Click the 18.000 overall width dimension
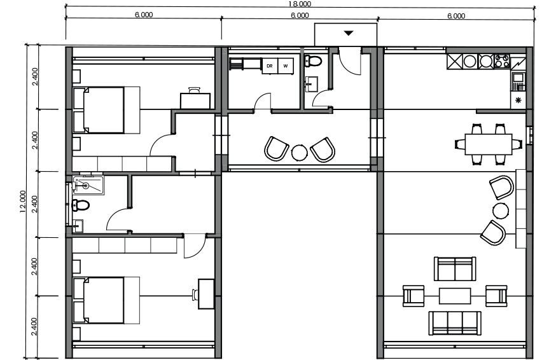click(x=300, y=4)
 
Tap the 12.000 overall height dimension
click(x=23, y=202)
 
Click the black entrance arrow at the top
click(x=349, y=33)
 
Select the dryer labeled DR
click(x=270, y=66)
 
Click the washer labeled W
click(x=286, y=66)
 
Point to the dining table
click(x=489, y=144)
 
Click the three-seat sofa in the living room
click(x=455, y=323)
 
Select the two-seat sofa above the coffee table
click(x=455, y=268)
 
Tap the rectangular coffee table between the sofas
click(x=455, y=296)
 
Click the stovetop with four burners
click(x=502, y=61)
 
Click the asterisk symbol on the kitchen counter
click(x=518, y=100)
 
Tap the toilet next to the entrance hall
click(x=312, y=61)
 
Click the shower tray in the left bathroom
click(x=88, y=185)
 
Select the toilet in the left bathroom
click(x=80, y=205)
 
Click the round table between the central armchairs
click(x=299, y=153)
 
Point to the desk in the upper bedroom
click(x=195, y=100)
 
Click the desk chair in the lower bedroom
click(x=195, y=294)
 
